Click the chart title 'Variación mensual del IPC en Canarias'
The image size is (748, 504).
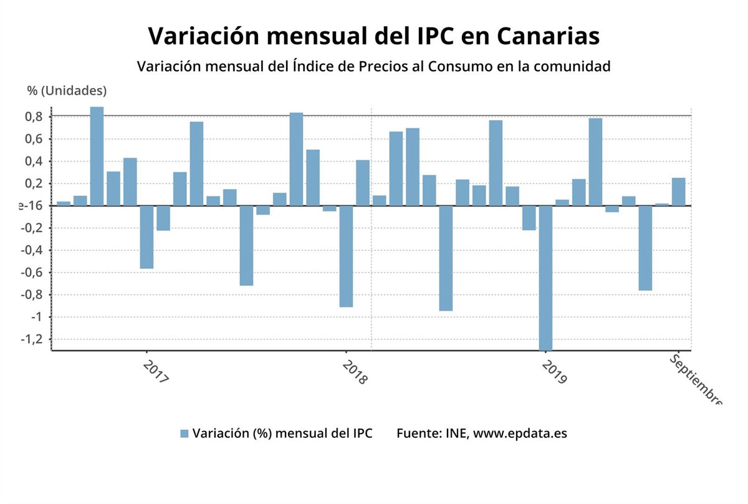pos(374,36)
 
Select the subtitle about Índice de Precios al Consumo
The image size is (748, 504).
pos(373,66)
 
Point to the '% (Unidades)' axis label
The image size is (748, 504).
pos(67,90)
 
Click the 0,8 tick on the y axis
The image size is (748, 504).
pos(35,117)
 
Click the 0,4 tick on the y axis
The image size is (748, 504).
pos(35,162)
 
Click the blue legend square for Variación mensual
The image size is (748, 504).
pos(184,434)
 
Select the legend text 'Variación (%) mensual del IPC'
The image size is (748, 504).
pos(282,434)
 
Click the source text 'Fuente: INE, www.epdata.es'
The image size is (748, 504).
pos(482,434)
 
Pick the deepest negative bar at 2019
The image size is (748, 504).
pos(545,278)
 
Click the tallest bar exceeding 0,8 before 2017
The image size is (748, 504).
pos(97,156)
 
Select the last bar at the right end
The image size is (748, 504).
pos(678,191)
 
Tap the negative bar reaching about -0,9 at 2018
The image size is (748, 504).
pos(346,256)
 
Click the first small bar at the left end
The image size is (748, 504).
pos(64,203)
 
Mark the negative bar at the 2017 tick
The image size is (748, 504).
pos(146,237)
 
